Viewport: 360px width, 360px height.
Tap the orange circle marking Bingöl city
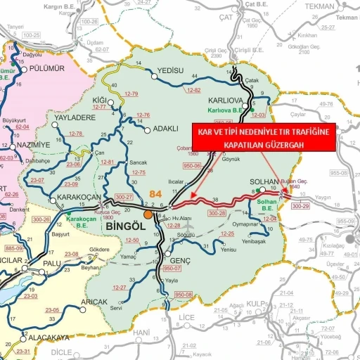click(x=148, y=214)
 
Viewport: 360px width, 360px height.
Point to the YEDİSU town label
click(x=169, y=71)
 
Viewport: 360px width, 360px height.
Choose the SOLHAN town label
click(x=264, y=181)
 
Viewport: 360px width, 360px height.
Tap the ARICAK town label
click(x=94, y=302)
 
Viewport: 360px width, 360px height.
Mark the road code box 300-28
click(x=217, y=212)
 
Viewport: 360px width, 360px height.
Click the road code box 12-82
click(x=194, y=91)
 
